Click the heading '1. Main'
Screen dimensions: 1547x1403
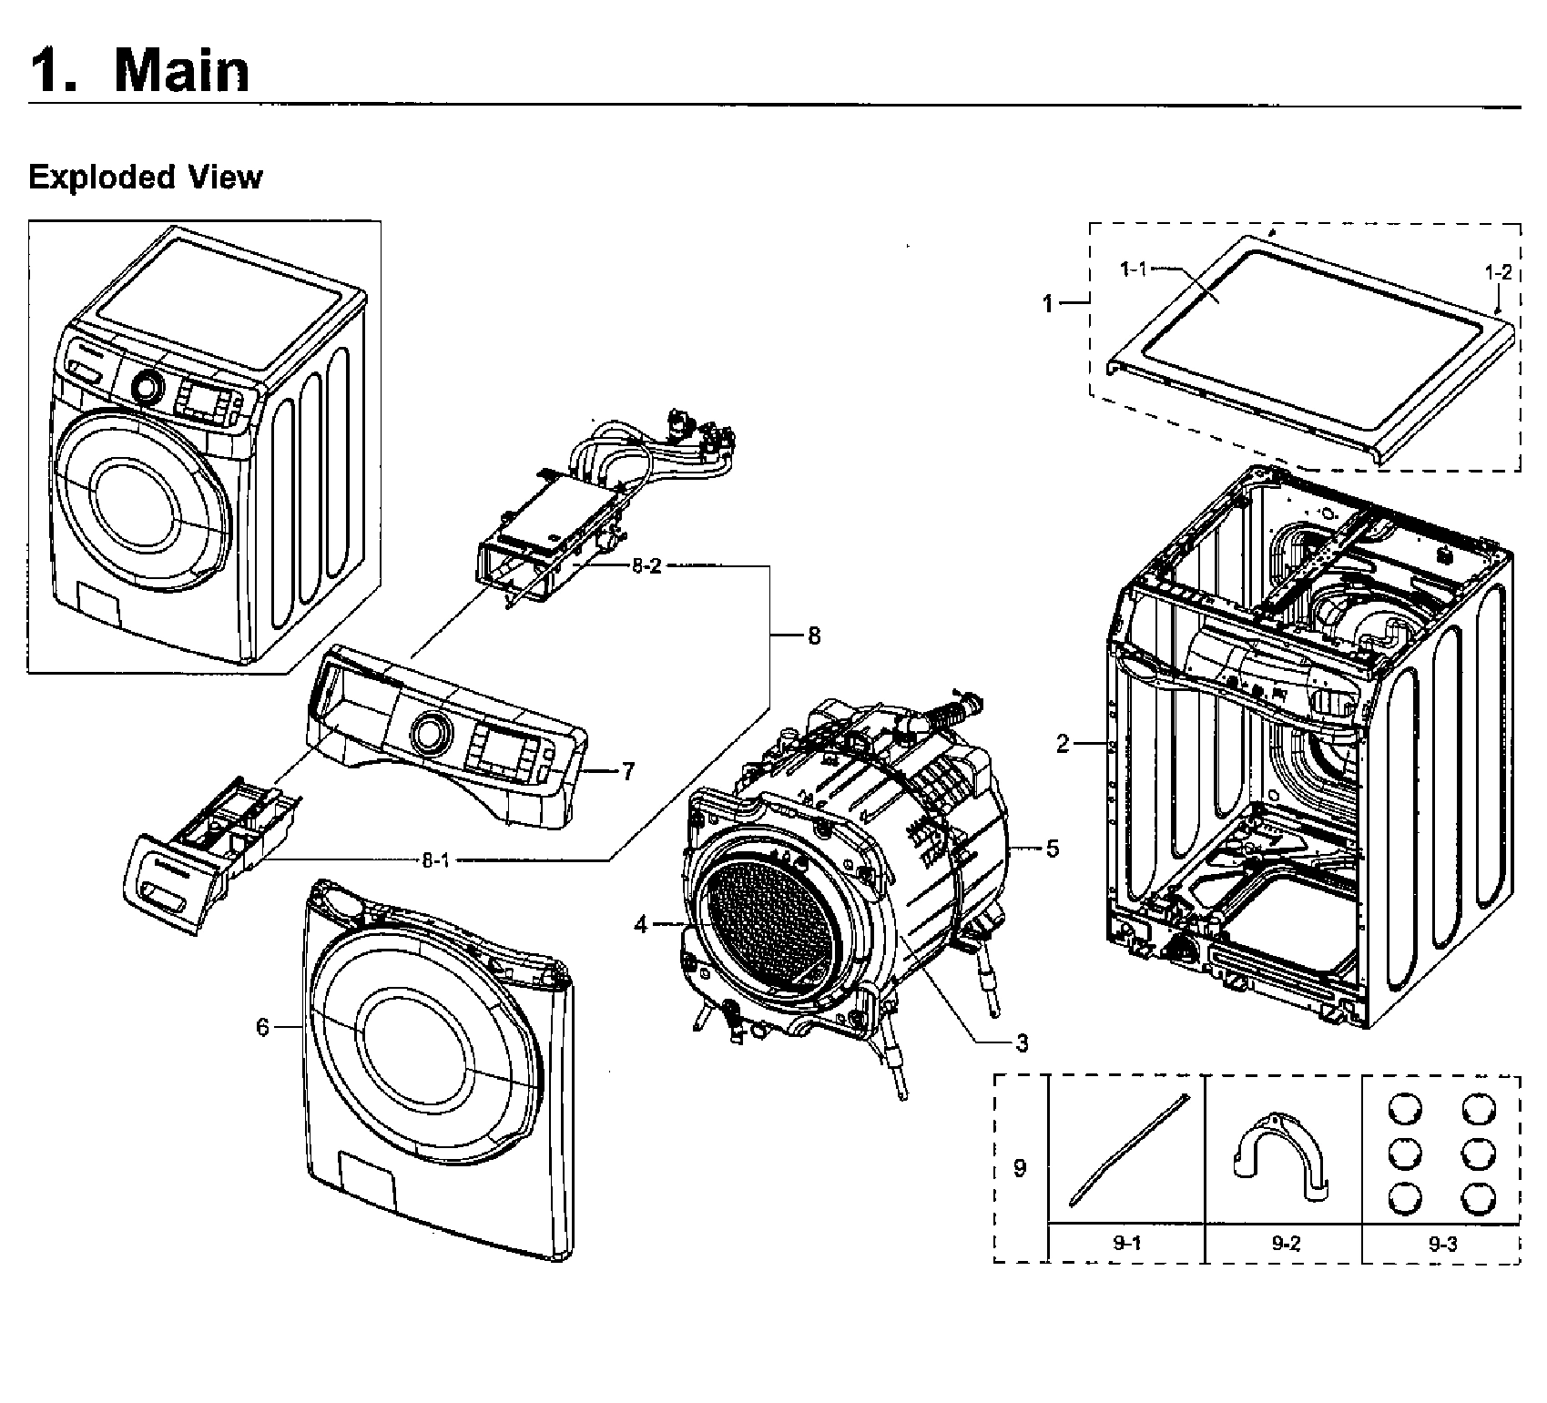pos(139,71)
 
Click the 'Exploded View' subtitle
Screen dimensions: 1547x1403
pos(145,177)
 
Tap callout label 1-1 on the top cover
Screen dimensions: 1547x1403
pos(1133,269)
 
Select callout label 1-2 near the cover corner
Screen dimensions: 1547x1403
pos(1498,271)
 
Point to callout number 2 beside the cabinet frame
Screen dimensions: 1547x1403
pos(1063,744)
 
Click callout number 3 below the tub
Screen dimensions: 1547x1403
pos(1022,1042)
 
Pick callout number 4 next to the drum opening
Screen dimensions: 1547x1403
pos(641,925)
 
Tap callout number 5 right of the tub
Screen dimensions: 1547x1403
pos(1053,849)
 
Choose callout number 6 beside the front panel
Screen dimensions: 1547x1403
pos(262,1027)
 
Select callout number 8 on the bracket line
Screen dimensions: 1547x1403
pos(813,635)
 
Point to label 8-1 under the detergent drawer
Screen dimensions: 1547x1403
pos(434,859)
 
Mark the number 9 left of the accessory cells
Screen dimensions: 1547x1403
pos(1020,1167)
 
